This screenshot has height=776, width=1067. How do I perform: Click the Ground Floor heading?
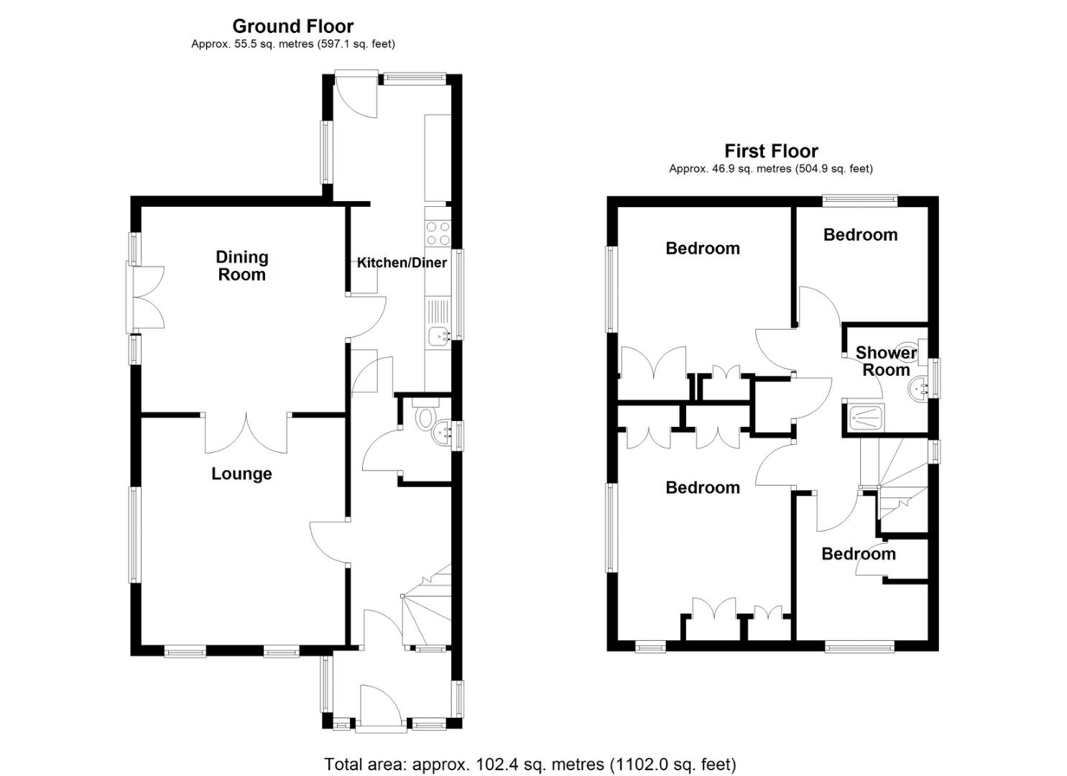tap(292, 27)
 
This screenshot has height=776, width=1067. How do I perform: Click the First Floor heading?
tap(770, 152)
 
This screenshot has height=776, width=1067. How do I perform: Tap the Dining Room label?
tap(242, 266)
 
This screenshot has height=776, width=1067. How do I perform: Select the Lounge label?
tap(241, 474)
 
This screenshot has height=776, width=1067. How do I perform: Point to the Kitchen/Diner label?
tap(402, 263)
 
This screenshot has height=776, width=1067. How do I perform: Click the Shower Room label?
tap(886, 361)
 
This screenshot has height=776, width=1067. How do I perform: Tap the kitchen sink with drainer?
tap(438, 323)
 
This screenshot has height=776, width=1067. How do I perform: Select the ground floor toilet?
tap(425, 416)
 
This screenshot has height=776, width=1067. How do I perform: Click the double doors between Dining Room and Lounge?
tap(246, 433)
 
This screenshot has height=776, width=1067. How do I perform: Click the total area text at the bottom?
tap(530, 764)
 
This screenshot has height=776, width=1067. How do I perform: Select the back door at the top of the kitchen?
tap(357, 93)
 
